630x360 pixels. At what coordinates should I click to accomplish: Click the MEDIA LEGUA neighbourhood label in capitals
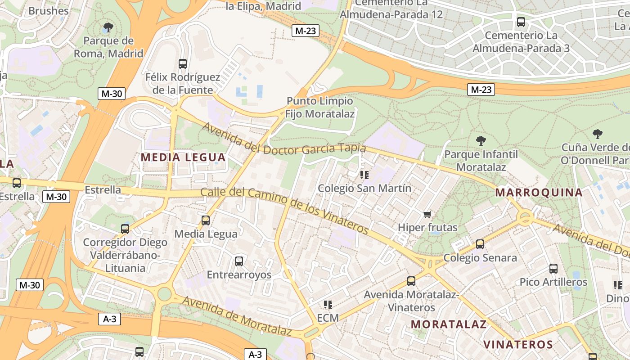coord(183,157)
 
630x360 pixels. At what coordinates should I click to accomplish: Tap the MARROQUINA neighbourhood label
coord(539,193)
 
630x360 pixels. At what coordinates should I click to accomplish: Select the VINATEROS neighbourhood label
coord(518,345)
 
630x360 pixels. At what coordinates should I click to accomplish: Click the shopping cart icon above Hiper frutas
coord(427,214)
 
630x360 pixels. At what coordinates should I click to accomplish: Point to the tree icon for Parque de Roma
coord(108,27)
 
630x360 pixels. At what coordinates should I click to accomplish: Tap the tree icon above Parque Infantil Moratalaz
coord(481,141)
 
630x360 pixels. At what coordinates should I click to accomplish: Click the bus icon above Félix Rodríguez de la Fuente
coord(182,64)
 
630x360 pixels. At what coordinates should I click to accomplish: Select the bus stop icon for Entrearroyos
coord(239,261)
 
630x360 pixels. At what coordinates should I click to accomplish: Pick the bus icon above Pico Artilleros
coord(553,269)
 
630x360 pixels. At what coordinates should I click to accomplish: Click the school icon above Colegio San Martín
coord(364,175)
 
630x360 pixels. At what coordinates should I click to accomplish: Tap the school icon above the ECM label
coord(328,305)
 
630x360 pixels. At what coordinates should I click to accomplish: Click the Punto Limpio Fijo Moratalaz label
coord(320,107)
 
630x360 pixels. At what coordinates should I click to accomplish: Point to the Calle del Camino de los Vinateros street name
coord(284,210)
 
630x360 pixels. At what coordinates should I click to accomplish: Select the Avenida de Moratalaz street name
coord(237,315)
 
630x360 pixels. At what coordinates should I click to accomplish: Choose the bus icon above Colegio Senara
coord(480,244)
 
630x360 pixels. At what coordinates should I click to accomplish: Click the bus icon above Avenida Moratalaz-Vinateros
coord(411,281)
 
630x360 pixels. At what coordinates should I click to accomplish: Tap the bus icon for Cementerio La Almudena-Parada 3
coord(521,22)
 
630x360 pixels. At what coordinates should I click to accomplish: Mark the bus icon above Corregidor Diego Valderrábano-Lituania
coord(125,229)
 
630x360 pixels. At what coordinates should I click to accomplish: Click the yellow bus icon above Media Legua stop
coord(206,220)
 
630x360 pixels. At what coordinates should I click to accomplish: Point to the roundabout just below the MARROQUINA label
coord(525,218)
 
